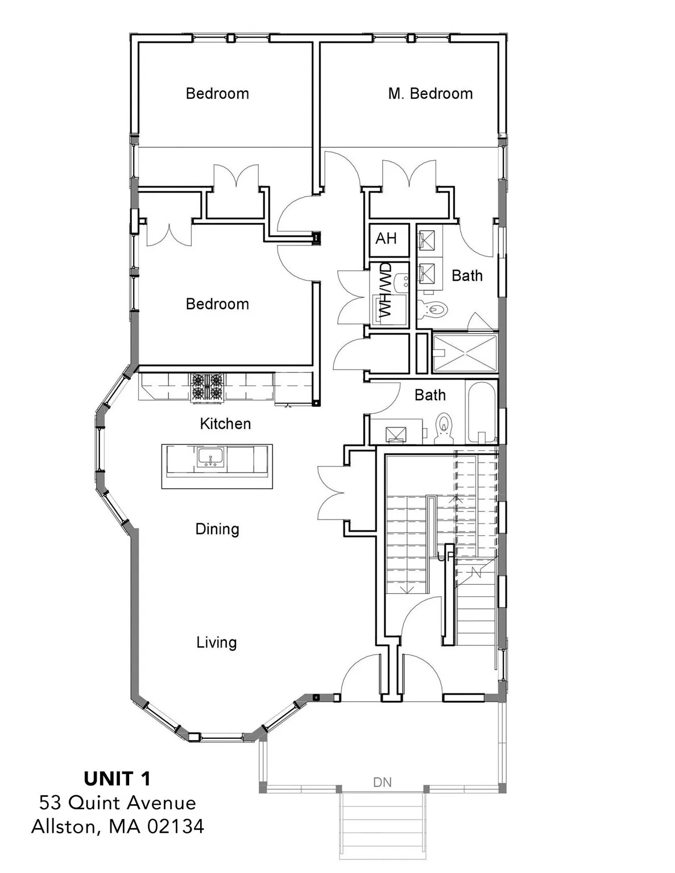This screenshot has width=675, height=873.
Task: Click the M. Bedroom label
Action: [430, 94]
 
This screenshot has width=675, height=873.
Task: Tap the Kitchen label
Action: [225, 423]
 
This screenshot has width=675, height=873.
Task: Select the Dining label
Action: [217, 529]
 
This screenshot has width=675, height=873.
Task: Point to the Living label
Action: [217, 643]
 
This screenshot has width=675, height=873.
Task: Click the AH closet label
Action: [386, 238]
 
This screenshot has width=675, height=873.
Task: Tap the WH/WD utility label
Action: [386, 290]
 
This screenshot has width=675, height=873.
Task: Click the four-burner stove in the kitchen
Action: [207, 387]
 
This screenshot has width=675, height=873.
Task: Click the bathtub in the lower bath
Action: [482, 412]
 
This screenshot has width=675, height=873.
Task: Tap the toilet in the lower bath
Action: [444, 427]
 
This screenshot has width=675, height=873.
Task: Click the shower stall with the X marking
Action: [465, 353]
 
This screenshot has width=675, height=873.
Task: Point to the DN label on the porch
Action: [382, 783]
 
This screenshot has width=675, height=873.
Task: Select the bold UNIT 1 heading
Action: [118, 779]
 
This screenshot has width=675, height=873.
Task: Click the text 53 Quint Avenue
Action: [118, 803]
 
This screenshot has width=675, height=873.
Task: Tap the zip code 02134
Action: [176, 826]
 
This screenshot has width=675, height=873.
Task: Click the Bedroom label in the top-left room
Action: [217, 94]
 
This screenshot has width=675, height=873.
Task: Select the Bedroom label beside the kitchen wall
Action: [217, 304]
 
